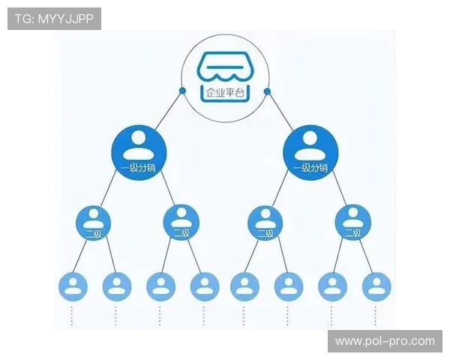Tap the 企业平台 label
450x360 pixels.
pos(224,93)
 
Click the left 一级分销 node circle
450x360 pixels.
pos(139,151)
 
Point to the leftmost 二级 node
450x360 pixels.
pos(94,222)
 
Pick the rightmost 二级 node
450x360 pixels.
pos(352,222)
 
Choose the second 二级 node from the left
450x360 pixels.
pos(181,222)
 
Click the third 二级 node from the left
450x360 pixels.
pos(265,222)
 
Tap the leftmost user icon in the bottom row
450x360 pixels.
pos(73,286)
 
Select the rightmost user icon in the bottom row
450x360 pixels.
pos(376,286)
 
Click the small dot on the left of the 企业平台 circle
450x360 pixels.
pos(182,91)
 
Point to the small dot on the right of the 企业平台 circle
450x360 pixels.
pos(267,91)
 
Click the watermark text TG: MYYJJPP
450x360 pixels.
pos(54,18)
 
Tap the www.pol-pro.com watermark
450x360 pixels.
pos(385,341)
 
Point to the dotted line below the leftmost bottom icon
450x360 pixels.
pos(73,315)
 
